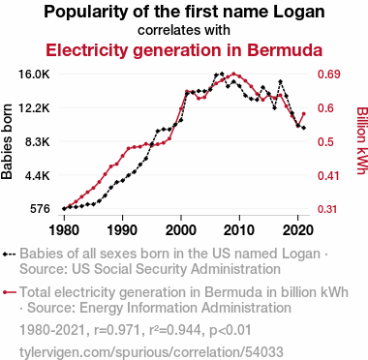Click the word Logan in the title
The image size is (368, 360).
(299, 12)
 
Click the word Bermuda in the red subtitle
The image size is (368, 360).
(285, 50)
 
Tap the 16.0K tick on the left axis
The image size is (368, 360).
(34, 75)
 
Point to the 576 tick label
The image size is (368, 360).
(40, 209)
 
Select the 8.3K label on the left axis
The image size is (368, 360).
(37, 142)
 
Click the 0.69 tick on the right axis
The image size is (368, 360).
(329, 75)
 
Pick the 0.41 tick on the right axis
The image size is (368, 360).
(329, 176)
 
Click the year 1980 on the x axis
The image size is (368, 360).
(64, 230)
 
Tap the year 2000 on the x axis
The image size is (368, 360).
(181, 230)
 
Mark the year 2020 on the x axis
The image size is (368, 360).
(298, 230)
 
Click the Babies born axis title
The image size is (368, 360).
(7, 141)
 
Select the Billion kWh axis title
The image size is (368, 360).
(362, 140)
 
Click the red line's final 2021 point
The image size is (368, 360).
(304, 113)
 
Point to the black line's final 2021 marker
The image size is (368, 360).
(304, 128)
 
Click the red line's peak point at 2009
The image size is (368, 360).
(233, 74)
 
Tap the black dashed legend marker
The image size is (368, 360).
(9, 255)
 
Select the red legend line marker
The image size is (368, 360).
(9, 292)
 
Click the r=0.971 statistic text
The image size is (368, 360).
(117, 330)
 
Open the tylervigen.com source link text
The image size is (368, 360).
(151, 352)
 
